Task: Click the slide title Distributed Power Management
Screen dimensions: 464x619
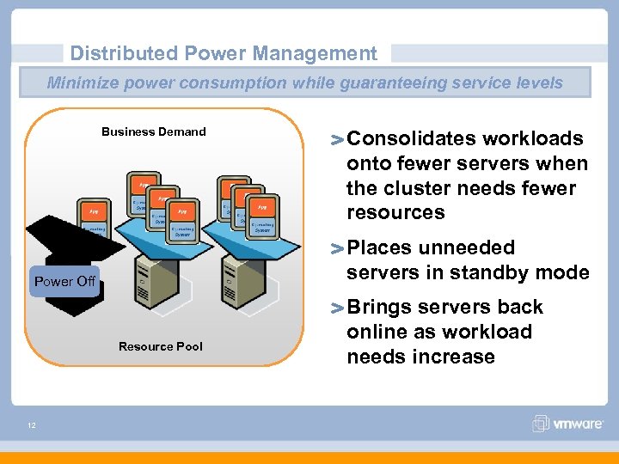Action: [224, 53]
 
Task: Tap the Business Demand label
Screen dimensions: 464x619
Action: [154, 131]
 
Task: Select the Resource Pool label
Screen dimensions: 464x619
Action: [161, 346]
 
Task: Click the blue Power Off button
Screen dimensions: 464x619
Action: [64, 281]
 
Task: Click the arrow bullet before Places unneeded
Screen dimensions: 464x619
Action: [337, 249]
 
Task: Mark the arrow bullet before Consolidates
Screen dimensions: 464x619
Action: [337, 140]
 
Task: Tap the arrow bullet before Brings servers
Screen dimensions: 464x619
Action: [337, 308]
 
